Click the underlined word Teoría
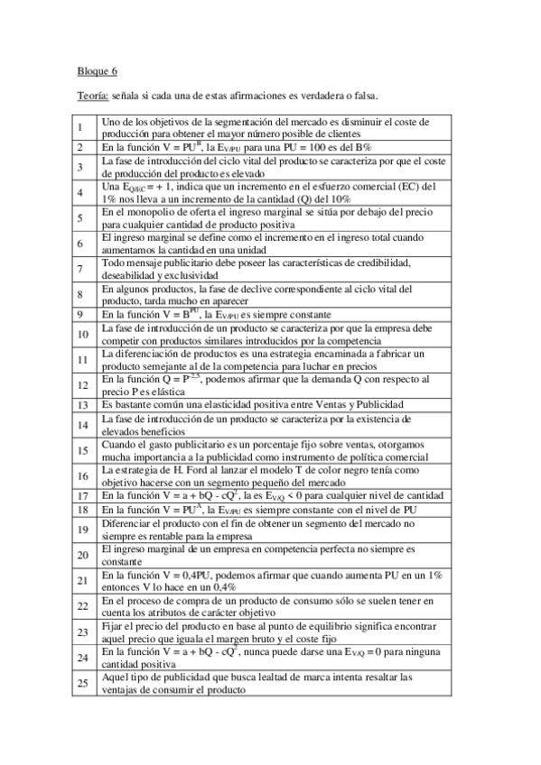click(93, 95)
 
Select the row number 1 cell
click(80, 127)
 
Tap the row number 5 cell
click(80, 218)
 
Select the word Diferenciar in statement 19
click(126, 522)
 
